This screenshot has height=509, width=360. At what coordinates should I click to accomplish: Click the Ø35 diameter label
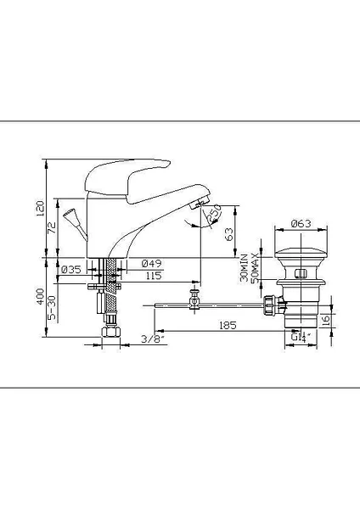pos(70,270)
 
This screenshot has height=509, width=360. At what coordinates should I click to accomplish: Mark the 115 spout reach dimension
pos(153,276)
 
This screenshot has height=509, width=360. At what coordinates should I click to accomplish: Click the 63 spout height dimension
pos(230,234)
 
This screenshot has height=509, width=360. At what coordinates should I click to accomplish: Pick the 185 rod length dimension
pos(225,325)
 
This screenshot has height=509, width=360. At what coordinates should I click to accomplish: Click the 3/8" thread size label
pos(153,340)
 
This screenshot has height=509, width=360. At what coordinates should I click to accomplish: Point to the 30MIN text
pos(244,267)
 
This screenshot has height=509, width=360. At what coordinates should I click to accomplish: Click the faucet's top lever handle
pos(119,173)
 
